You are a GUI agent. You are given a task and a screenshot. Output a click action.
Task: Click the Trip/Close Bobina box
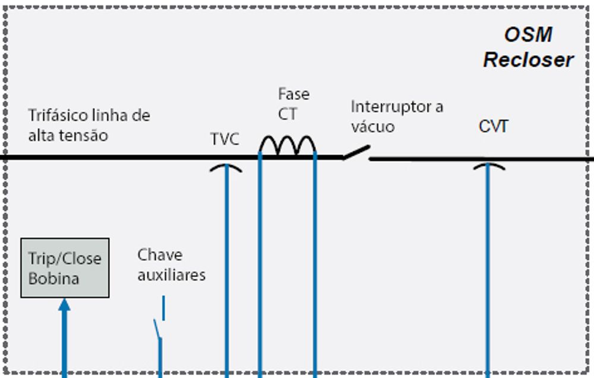65,268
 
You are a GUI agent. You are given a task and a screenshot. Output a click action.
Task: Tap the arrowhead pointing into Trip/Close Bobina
65,305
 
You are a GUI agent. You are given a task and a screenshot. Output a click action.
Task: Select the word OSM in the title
528,35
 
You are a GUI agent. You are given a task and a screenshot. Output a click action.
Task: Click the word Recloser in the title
528,60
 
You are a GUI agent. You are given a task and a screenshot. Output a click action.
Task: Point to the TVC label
225,140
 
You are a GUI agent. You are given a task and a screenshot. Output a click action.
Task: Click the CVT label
494,127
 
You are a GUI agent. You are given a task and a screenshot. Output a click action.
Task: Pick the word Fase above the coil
293,94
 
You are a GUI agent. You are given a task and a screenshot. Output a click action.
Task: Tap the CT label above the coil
287,114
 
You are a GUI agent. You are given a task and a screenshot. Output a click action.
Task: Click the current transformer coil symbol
287,146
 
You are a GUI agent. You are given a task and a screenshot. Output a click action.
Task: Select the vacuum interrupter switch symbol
356,153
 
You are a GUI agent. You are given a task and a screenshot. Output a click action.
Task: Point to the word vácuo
372,127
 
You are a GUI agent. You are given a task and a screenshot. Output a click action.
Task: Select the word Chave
160,255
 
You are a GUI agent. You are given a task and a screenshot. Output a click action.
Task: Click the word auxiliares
172,275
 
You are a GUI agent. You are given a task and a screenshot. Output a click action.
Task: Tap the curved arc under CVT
488,165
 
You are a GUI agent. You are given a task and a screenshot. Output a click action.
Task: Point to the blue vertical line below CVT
488,267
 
